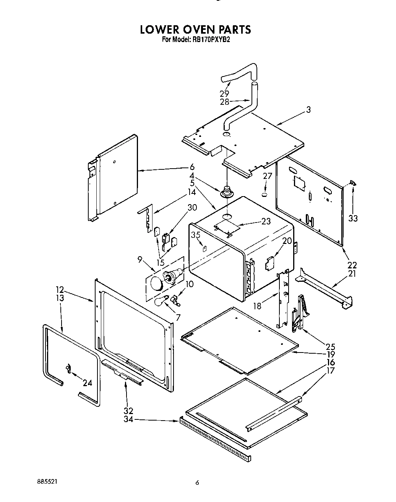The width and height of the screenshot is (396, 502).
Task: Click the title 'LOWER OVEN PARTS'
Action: tap(195, 29)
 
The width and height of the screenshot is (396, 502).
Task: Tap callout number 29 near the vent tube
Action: tap(224, 93)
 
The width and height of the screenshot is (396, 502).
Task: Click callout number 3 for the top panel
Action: tap(308, 110)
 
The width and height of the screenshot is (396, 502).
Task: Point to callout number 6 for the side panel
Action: tap(192, 167)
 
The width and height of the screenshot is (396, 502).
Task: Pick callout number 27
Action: tap(267, 176)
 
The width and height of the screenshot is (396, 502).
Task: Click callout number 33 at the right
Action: tap(353, 218)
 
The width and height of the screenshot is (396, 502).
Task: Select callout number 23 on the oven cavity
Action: tap(266, 221)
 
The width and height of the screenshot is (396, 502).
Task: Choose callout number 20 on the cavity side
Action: tap(287, 241)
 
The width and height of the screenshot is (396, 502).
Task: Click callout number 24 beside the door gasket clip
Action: tap(87, 383)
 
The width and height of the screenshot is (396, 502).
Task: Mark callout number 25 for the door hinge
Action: tap(330, 347)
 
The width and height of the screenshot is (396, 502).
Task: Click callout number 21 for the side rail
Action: tap(352, 273)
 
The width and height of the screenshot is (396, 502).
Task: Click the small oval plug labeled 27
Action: tap(264, 195)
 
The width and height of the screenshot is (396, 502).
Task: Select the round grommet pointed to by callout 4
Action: tap(227, 190)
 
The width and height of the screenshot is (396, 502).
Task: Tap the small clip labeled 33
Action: tap(353, 184)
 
